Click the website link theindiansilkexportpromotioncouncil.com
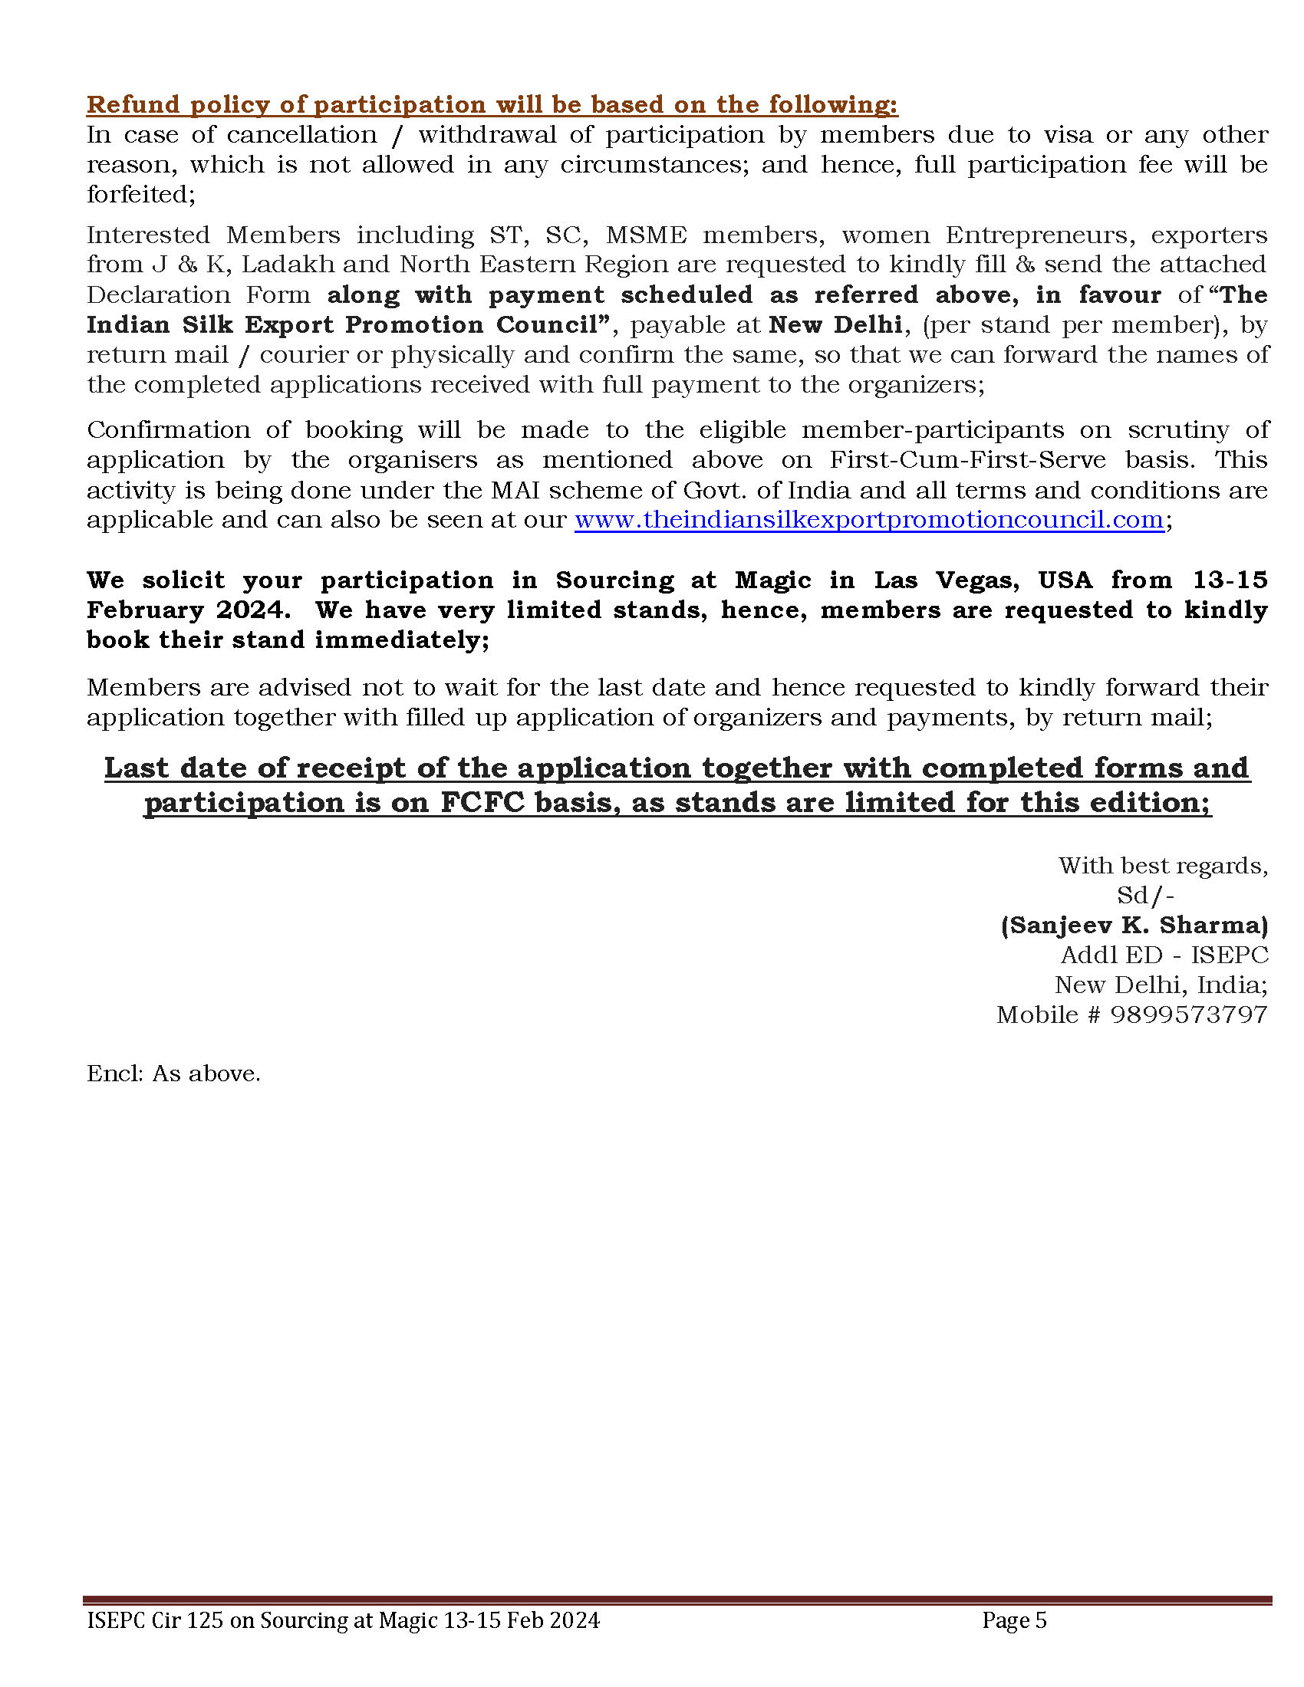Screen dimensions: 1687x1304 tap(869, 520)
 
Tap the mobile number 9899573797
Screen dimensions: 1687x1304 tap(1189, 1015)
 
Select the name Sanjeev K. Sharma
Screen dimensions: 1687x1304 tap(1134, 925)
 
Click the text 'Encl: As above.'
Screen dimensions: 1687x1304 tap(174, 1074)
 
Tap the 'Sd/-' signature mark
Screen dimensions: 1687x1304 tap(1145, 895)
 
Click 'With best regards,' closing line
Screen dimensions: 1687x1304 tap(1163, 866)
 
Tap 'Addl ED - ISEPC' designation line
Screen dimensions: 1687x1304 tap(1164, 955)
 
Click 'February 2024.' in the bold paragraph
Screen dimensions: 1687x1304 tap(189, 610)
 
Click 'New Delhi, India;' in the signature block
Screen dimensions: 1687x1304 tap(1161, 985)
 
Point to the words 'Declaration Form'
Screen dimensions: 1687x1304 tap(198, 294)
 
